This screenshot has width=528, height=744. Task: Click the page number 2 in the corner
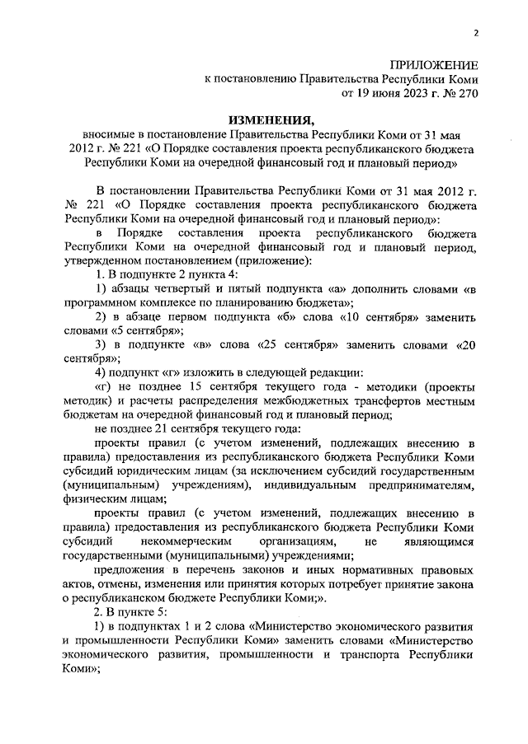click(x=476, y=33)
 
